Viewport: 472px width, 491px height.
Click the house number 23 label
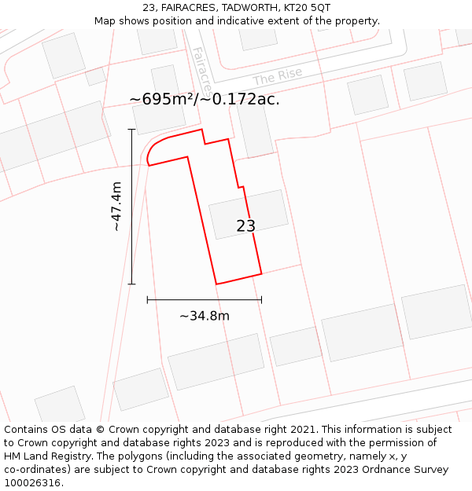[245, 226]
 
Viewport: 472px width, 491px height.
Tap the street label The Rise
[277, 77]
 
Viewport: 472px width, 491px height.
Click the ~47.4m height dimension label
[116, 206]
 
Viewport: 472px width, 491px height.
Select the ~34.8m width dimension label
[205, 316]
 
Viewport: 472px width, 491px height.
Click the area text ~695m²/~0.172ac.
[205, 99]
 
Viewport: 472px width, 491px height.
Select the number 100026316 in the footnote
[31, 483]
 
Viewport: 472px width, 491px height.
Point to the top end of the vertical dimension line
[131, 130]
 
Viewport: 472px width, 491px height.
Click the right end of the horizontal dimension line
[261, 299]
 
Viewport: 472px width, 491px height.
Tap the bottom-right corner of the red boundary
[261, 273]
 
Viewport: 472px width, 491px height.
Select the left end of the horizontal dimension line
[147, 299]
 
